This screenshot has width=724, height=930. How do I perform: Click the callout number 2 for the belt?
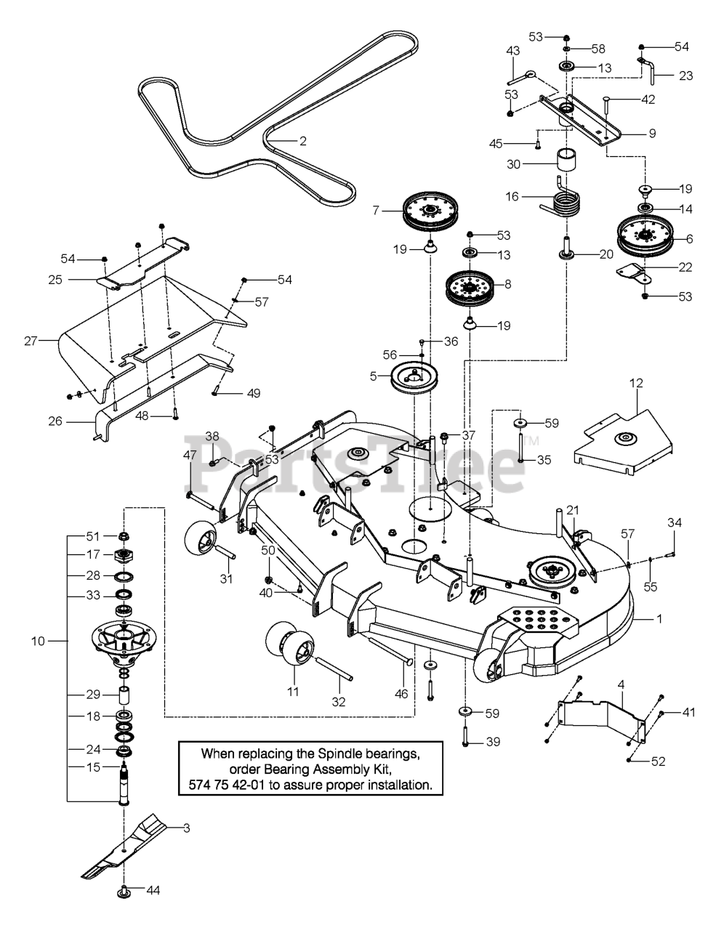coord(303,142)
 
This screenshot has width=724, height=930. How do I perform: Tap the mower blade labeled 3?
coord(131,846)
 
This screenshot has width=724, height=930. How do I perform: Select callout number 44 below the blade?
coord(153,890)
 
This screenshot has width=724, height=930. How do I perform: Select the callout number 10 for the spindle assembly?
coord(39,641)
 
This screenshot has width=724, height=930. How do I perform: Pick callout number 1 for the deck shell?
coord(659,619)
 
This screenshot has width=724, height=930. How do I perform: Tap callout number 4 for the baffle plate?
coord(622,684)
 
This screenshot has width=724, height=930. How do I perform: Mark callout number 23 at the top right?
coord(685,76)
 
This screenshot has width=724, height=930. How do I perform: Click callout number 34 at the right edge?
coord(675,522)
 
